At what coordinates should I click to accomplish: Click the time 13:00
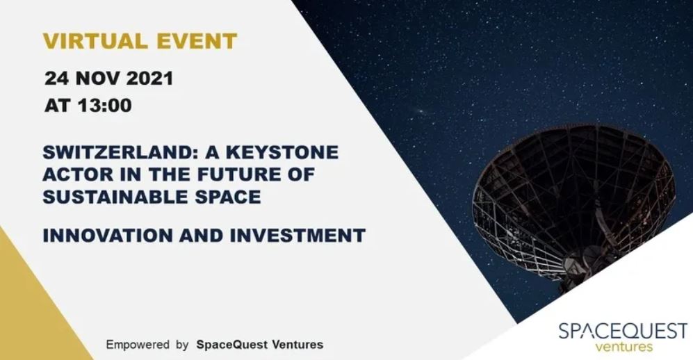105,105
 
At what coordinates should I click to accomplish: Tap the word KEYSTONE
282,152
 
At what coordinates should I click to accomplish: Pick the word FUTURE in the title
238,174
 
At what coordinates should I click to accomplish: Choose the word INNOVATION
108,236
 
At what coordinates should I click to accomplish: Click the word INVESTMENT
298,236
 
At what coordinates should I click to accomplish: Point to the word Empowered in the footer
138,345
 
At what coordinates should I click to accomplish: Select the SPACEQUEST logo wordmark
623,332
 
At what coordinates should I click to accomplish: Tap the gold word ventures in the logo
623,346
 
